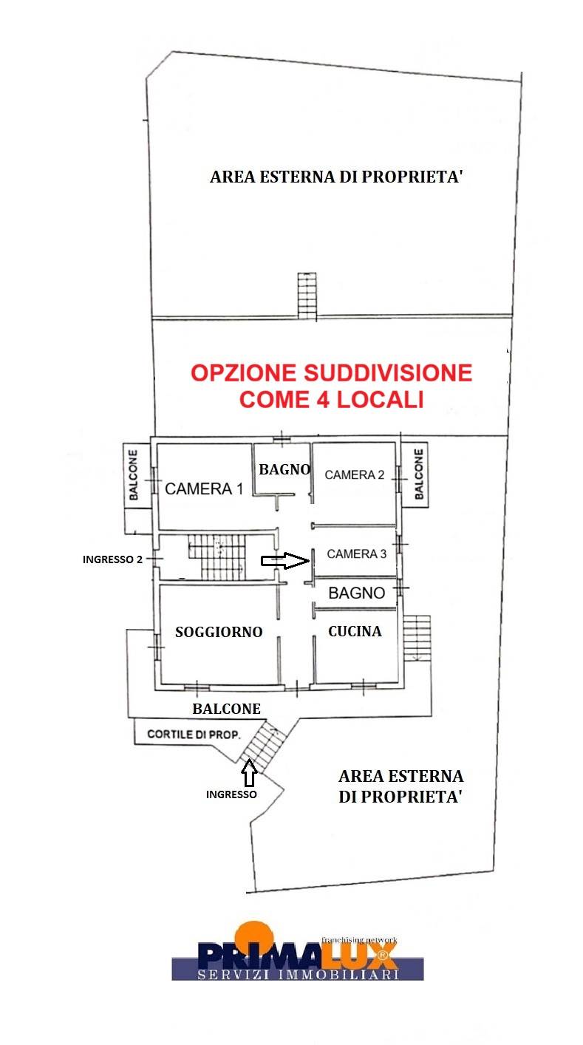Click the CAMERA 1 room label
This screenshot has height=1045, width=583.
point(203,489)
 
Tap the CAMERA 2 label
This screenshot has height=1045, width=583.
point(355,474)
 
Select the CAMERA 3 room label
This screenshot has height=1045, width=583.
point(357,554)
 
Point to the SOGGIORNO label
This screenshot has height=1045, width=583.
point(219,632)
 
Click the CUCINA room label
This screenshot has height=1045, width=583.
point(355,631)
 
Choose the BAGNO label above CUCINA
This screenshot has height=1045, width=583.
point(357,593)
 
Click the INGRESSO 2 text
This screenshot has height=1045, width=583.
point(112,559)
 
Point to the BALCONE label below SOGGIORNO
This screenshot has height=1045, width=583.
point(227,709)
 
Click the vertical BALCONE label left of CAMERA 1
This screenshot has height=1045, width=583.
point(134,474)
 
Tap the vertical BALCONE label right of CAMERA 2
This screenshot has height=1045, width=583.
point(418,474)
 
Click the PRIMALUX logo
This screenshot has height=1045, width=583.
point(297,953)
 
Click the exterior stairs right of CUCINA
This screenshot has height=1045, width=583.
point(417,637)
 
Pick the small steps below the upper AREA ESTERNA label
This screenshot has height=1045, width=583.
point(307,296)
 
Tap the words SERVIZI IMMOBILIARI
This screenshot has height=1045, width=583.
point(298,975)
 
